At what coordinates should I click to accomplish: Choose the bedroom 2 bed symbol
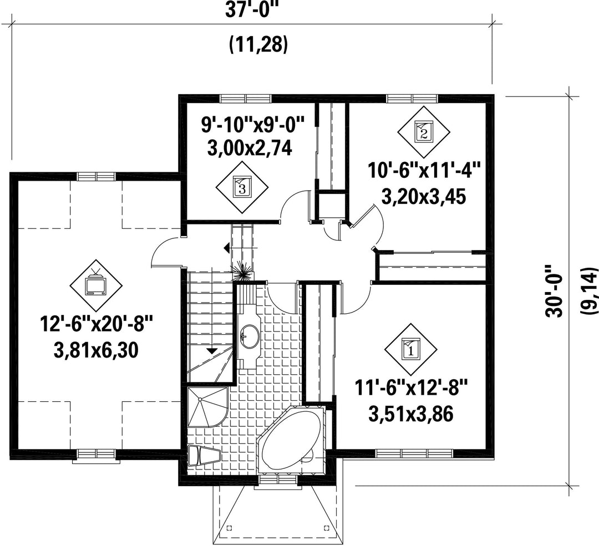(423, 132)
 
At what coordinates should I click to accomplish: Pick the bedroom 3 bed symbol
(242, 187)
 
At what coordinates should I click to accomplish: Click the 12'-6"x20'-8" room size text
(97, 326)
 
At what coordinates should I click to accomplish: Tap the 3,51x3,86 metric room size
(410, 414)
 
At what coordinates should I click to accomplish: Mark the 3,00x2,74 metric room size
(250, 148)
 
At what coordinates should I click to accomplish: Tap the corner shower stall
(208, 406)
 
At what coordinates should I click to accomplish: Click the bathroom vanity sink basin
(250, 336)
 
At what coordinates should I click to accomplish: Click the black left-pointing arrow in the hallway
(227, 248)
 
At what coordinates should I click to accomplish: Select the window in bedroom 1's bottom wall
(414, 453)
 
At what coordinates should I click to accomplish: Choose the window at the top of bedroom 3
(246, 99)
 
